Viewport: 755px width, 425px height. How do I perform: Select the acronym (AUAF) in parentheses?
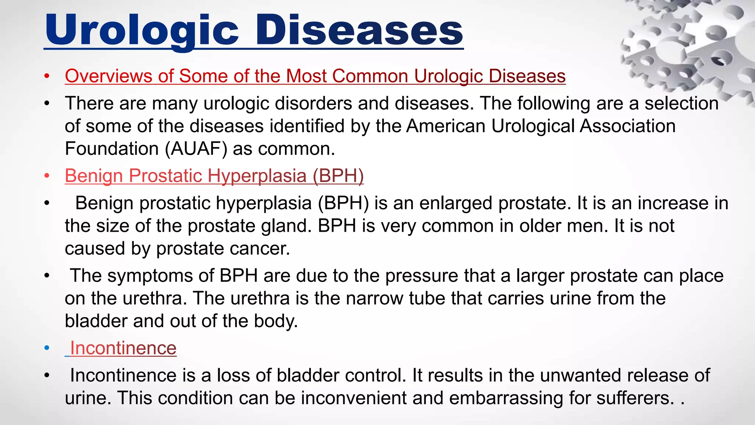196,149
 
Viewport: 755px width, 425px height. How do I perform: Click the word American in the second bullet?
445,126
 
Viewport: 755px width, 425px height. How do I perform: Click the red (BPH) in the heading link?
338,176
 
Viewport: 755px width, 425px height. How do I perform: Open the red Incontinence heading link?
123,348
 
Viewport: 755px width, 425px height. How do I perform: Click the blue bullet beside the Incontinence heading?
47,348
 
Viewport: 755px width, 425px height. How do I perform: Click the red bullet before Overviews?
47,76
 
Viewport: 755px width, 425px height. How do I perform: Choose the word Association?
627,126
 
